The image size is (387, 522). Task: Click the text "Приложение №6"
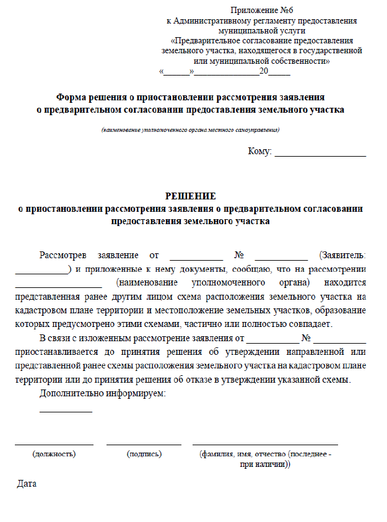[x=261, y=11]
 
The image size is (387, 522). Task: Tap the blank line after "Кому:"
[x=320, y=155]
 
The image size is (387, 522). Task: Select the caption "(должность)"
[x=54, y=454]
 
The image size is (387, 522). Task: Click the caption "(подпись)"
[x=144, y=454]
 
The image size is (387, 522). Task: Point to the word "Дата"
[x=27, y=483]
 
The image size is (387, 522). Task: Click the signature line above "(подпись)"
[x=144, y=444]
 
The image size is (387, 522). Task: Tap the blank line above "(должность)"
[x=54, y=444]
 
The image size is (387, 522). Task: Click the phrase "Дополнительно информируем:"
[x=103, y=394]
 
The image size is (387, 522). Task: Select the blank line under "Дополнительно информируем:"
[x=66, y=411]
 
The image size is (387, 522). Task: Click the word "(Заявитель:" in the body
[x=342, y=255]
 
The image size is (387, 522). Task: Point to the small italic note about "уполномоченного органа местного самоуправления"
[x=191, y=130]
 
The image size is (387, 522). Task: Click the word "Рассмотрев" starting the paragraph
[x=63, y=255]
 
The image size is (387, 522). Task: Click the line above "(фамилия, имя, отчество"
[x=265, y=444]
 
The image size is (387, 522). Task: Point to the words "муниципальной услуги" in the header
[x=261, y=30]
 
